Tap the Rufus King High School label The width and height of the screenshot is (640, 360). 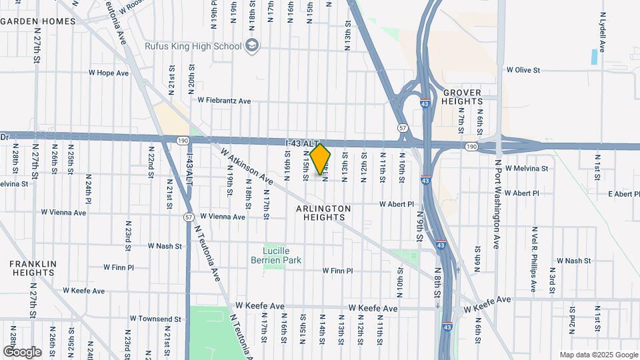pyautogui.click(x=193, y=46)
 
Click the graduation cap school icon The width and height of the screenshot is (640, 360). pyautogui.click(x=252, y=46)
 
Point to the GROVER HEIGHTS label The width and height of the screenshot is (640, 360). pyautogui.click(x=462, y=96)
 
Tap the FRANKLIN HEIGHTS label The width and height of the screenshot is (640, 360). pyautogui.click(x=31, y=268)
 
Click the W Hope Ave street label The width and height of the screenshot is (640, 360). pyautogui.click(x=109, y=73)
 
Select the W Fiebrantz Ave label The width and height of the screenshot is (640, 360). pyautogui.click(x=224, y=101)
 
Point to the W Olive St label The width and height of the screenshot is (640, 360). pyautogui.click(x=523, y=69)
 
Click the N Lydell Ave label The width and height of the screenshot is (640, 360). pyautogui.click(x=602, y=32)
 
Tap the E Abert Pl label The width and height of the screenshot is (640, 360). pyautogui.click(x=623, y=194)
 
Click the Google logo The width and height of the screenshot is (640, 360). pyautogui.click(x=22, y=351)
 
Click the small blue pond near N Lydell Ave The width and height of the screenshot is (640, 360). pyautogui.click(x=593, y=57)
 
